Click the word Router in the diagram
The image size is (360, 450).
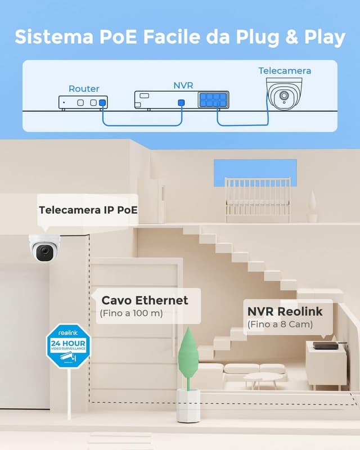point(84,88)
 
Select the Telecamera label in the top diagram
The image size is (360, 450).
point(285,71)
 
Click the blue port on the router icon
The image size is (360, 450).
point(102,103)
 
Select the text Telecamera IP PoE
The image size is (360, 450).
point(88,210)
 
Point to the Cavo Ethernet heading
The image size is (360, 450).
point(145,300)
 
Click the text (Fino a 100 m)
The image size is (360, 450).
point(131,313)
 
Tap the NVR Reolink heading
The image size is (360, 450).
point(285,310)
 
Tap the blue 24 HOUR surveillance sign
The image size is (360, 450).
point(68,345)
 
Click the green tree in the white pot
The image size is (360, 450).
point(188,354)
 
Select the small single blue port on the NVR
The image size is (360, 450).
point(181,103)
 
